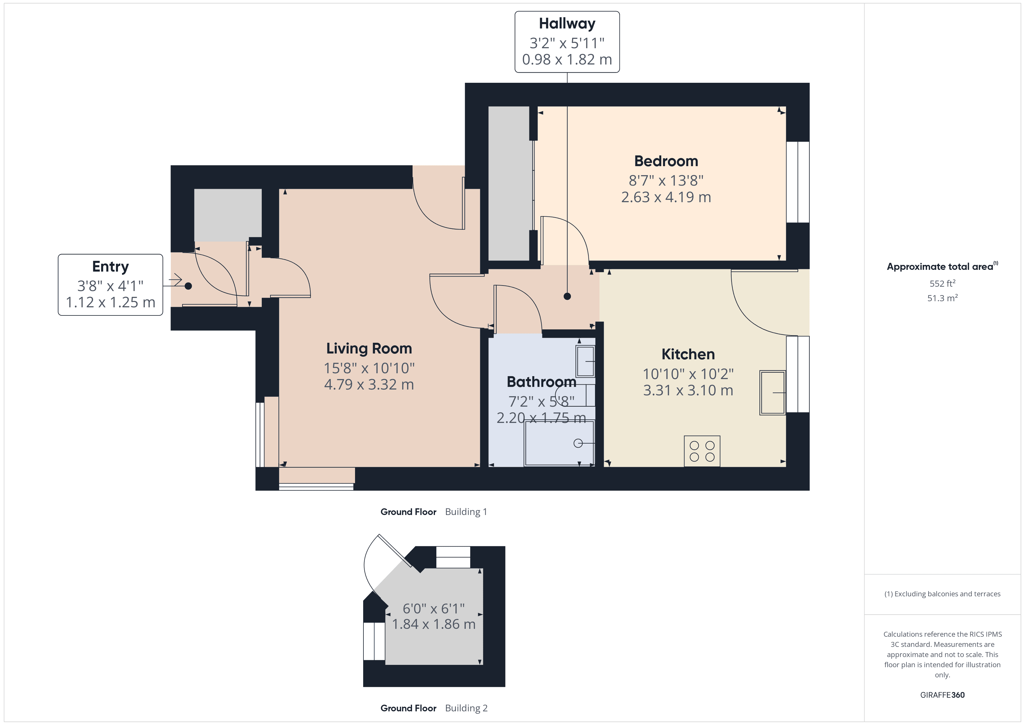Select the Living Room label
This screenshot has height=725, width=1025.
(x=369, y=349)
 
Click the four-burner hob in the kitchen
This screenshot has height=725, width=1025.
(x=702, y=451)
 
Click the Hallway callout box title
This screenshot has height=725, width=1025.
(x=567, y=23)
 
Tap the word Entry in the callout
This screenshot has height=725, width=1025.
(x=110, y=267)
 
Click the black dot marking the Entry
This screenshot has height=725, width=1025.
(x=188, y=286)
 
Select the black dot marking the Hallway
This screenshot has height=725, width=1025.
(x=567, y=296)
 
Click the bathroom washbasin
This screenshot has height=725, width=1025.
(x=585, y=361)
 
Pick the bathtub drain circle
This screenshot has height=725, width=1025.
(x=578, y=443)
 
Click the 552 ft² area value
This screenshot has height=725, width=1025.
(x=942, y=283)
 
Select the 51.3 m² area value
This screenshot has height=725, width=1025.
(x=942, y=298)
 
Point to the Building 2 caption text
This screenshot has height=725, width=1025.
(x=466, y=708)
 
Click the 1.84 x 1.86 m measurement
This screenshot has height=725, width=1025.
(x=433, y=624)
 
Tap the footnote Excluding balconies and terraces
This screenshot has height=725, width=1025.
(x=942, y=594)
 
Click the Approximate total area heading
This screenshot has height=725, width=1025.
(x=942, y=267)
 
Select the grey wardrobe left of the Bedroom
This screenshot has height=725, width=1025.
(x=509, y=184)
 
